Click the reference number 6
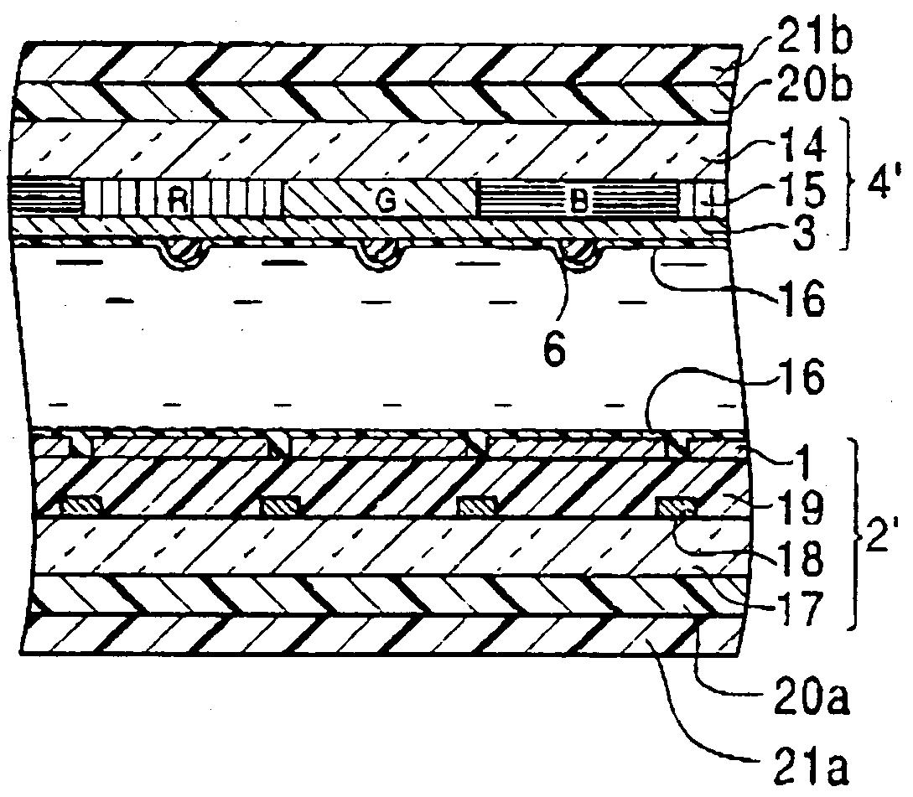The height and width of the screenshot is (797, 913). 555,347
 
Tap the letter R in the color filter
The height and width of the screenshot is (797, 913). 177,200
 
